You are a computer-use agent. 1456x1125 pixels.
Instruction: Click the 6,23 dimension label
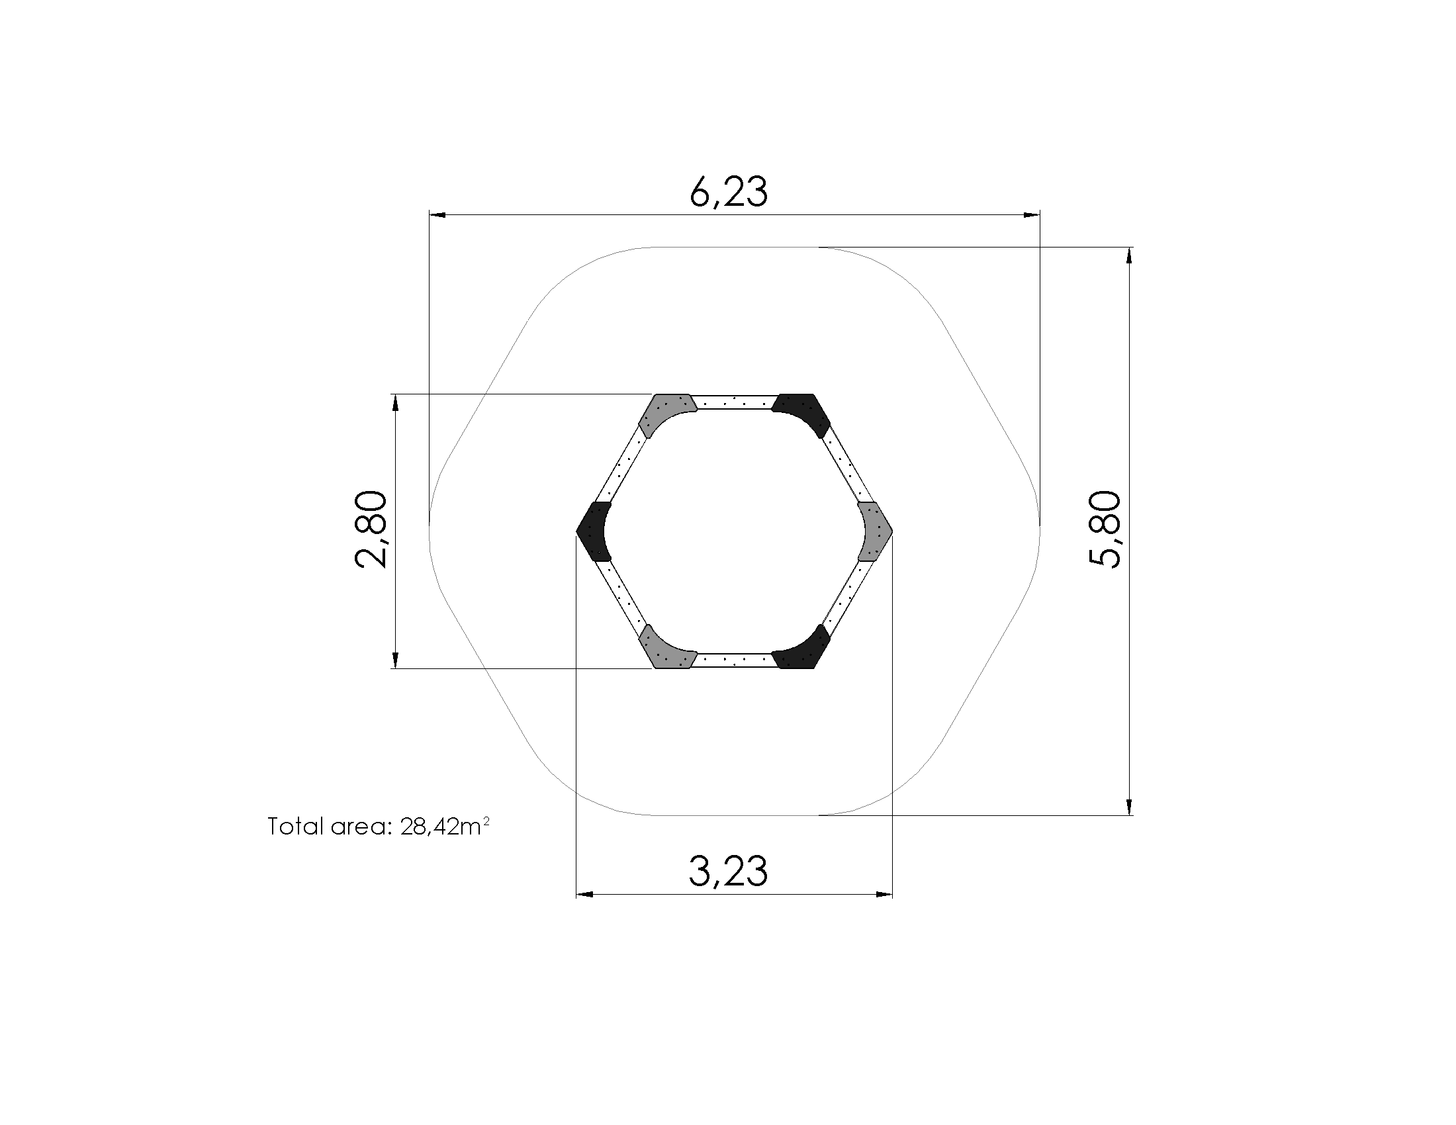point(729,192)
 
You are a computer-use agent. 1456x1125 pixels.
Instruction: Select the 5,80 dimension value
point(1105,530)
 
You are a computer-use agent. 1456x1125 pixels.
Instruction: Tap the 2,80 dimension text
point(370,530)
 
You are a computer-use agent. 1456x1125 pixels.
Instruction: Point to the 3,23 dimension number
point(728,871)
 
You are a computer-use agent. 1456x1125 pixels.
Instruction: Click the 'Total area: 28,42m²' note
point(379,827)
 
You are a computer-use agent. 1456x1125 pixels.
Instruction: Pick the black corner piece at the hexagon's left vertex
point(595,531)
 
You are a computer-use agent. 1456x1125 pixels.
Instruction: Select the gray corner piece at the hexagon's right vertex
point(874,531)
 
